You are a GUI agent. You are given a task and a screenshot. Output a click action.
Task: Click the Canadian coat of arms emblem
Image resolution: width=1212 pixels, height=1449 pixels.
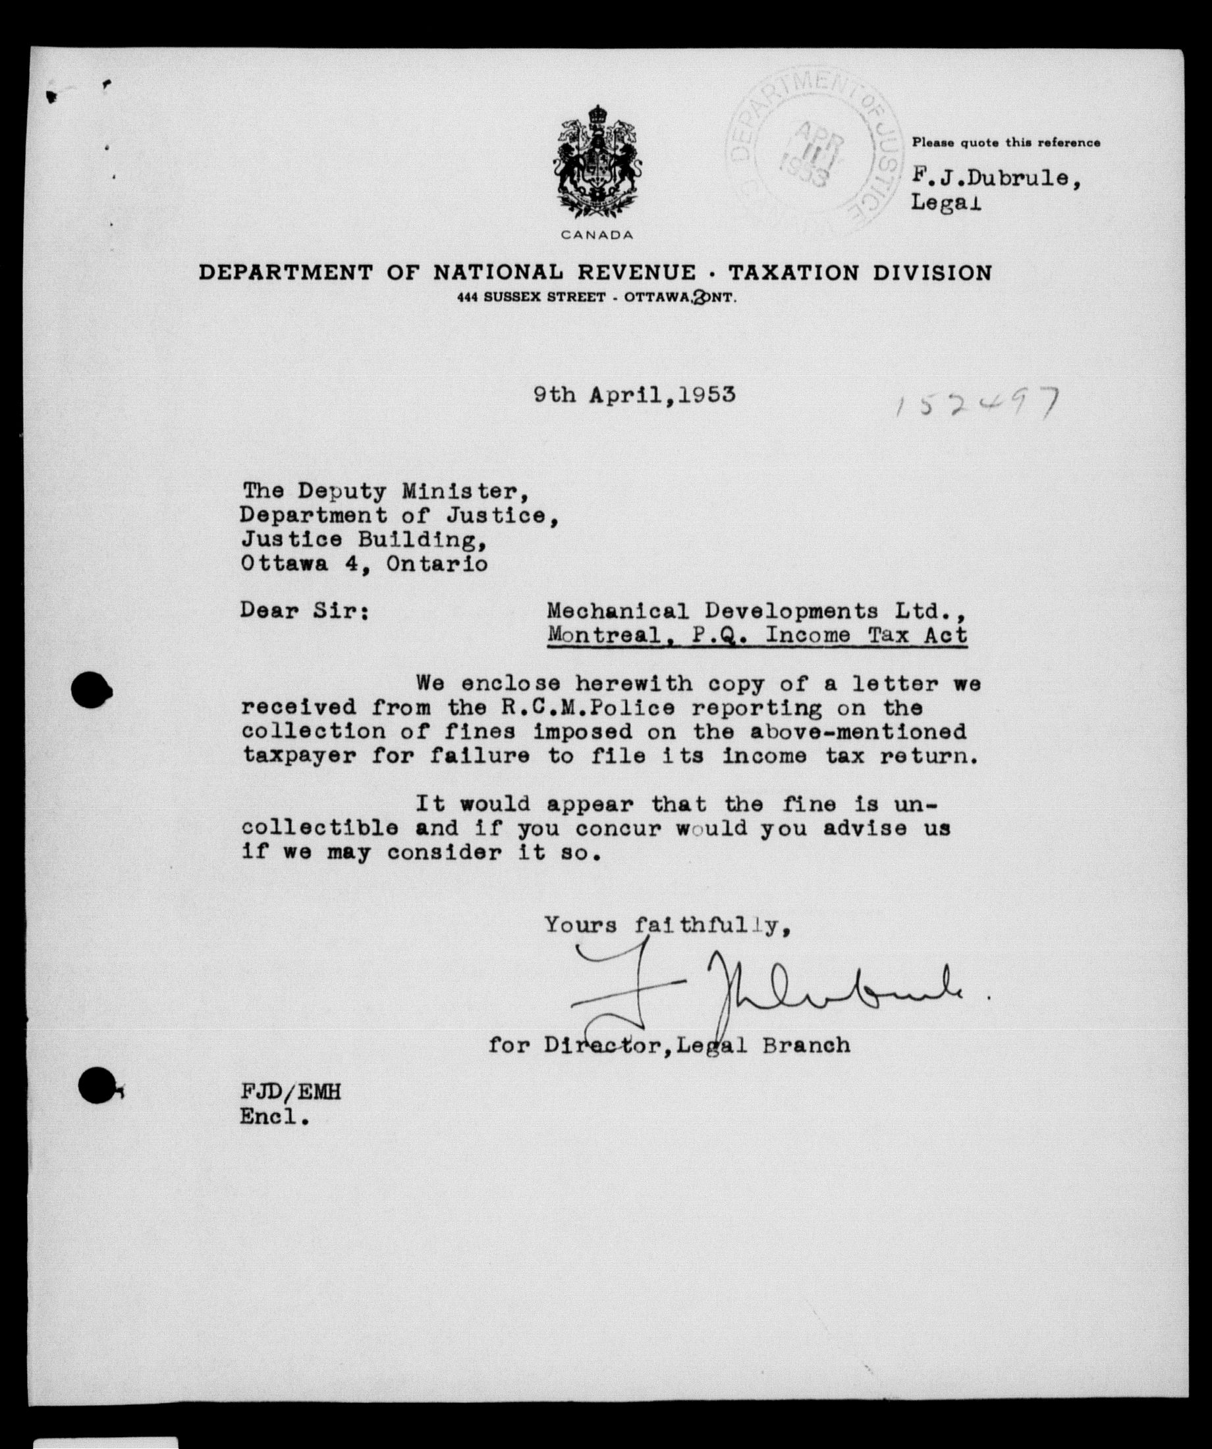point(597,163)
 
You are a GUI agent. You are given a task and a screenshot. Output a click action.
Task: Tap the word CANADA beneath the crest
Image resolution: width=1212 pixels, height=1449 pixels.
point(597,235)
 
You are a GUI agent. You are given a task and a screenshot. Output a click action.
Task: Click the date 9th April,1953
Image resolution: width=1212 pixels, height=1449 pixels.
point(634,395)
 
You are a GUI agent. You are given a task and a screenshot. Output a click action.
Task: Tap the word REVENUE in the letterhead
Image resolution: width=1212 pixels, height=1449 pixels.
point(636,273)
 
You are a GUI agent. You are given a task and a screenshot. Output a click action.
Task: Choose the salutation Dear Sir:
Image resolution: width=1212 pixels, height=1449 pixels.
point(303,611)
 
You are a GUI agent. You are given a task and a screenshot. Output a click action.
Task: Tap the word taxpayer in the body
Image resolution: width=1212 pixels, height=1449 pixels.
point(299,756)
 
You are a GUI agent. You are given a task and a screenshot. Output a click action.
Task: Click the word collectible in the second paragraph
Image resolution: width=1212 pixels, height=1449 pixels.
point(319,828)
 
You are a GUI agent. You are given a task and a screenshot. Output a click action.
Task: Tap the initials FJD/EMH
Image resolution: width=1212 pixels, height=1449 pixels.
point(290,1092)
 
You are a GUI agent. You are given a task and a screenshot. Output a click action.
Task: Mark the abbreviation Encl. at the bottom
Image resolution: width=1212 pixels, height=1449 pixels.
point(273,1116)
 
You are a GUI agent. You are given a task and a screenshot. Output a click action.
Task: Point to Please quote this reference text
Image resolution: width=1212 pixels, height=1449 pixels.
point(1006,143)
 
